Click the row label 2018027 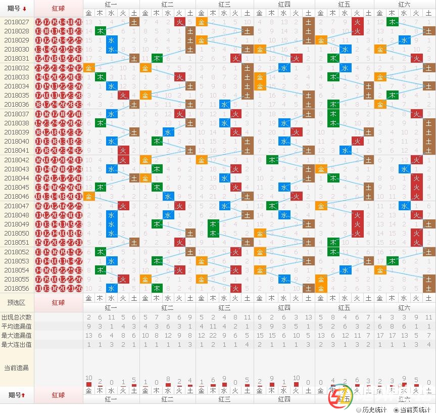17,22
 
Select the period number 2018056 17,288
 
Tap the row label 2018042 17,160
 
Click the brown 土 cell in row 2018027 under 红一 134,22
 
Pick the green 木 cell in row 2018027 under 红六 392,22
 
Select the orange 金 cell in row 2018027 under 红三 202,22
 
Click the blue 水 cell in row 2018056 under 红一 112,288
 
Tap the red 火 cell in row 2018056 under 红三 235,288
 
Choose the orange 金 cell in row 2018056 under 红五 321,288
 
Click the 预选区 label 17,302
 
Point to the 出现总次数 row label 17,317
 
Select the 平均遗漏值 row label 17,326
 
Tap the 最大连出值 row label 17,344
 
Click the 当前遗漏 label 17,368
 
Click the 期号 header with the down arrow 17,9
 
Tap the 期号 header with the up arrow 17,394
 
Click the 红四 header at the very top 284,4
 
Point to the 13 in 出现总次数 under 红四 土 308,317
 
